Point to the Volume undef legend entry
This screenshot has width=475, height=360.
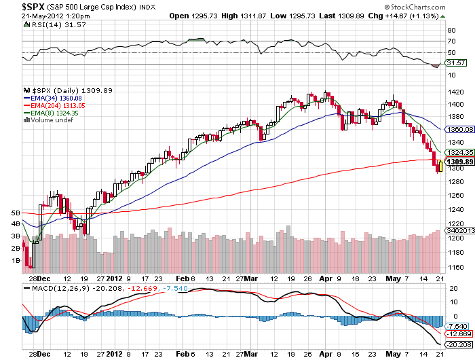(x=51, y=120)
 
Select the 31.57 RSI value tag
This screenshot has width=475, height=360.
(x=455, y=63)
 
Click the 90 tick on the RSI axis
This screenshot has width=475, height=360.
(x=450, y=30)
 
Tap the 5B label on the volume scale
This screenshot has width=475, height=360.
(x=16, y=213)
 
